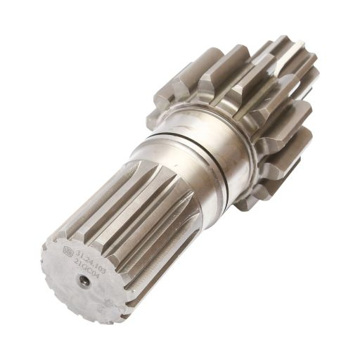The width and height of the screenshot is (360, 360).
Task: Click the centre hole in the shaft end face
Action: [83, 281]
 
